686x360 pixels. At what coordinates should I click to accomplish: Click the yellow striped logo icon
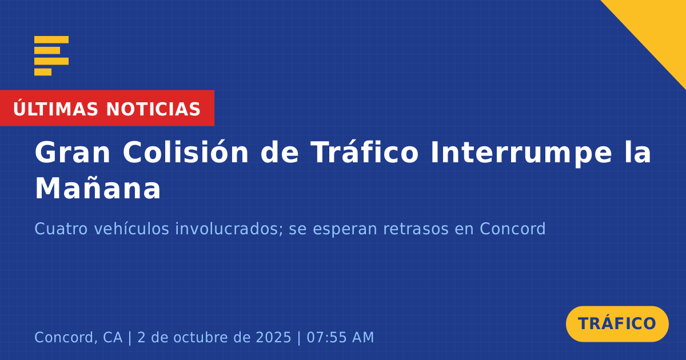[x=51, y=56]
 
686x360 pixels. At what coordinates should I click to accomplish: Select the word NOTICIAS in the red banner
[x=153, y=109]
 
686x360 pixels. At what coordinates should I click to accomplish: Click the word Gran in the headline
[x=72, y=152]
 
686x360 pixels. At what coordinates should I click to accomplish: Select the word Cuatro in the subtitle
[x=61, y=229]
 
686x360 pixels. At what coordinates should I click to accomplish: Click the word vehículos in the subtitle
[x=131, y=229]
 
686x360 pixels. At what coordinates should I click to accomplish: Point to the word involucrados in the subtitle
[x=229, y=229]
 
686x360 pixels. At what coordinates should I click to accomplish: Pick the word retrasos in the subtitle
[x=416, y=229]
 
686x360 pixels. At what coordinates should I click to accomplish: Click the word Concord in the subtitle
[x=513, y=229]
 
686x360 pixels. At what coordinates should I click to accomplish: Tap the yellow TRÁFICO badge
[x=617, y=323]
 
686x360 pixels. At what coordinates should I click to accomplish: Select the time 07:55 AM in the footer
[x=340, y=337]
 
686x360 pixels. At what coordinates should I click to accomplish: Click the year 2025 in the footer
[x=273, y=337]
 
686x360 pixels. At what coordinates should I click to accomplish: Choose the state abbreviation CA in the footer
[x=113, y=337]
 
